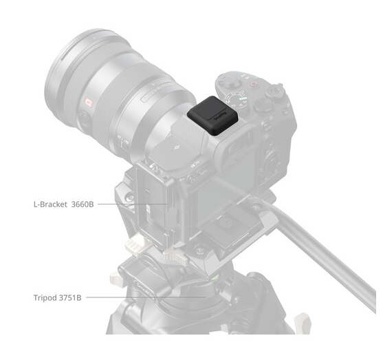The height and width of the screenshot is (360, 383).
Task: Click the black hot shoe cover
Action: [212, 115]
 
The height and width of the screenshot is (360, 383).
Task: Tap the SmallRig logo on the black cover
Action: [221, 116]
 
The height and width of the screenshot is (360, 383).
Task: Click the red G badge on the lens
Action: [89, 103]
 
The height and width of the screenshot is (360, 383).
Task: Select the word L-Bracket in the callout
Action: [50, 204]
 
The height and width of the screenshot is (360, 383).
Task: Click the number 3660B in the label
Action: [83, 204]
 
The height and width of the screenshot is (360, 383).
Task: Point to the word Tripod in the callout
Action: [45, 298]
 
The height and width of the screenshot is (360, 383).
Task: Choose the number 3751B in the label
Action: [70, 297]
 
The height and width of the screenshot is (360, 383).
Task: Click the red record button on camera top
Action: [254, 85]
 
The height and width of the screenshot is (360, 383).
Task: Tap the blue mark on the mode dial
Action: [243, 99]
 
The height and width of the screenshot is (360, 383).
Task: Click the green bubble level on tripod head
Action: [215, 277]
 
